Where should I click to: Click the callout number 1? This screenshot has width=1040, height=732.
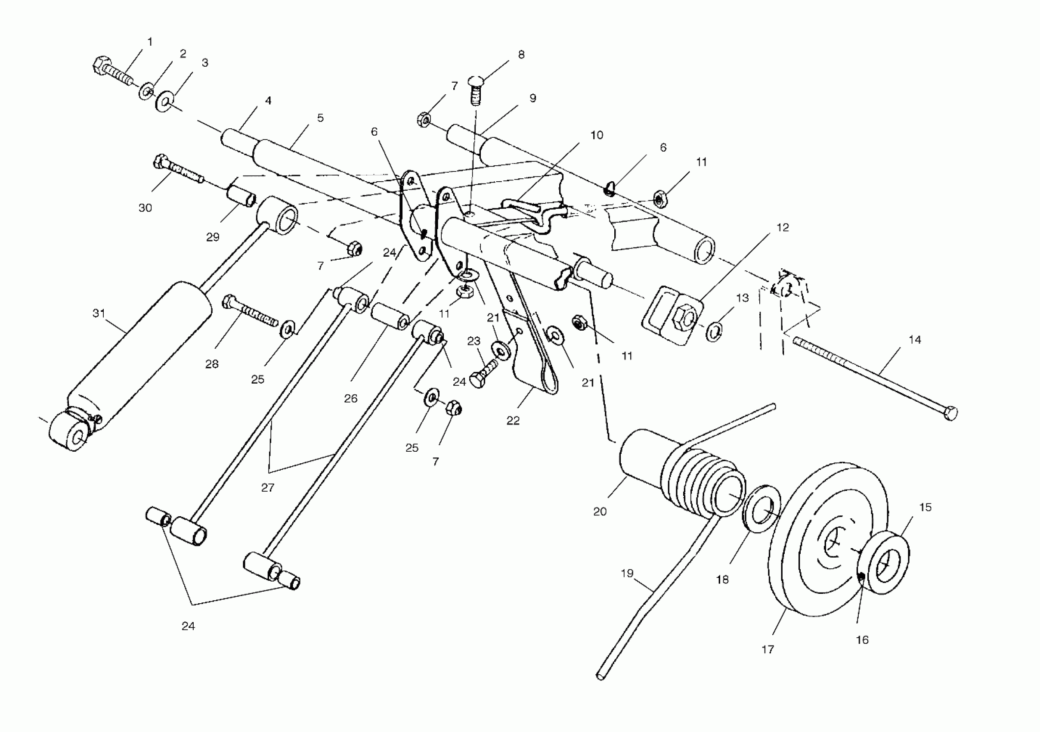(x=150, y=42)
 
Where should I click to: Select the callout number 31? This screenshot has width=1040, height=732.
(x=99, y=313)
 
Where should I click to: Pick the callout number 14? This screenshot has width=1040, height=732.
(x=915, y=340)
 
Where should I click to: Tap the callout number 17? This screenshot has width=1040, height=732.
(x=768, y=650)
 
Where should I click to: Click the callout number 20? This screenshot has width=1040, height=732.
(x=600, y=512)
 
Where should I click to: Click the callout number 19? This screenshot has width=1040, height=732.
(x=627, y=574)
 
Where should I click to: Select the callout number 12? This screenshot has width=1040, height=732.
(x=783, y=227)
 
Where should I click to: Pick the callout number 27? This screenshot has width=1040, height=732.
(x=268, y=487)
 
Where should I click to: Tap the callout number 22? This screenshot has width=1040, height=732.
(x=513, y=421)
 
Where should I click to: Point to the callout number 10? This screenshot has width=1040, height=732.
(x=597, y=135)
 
